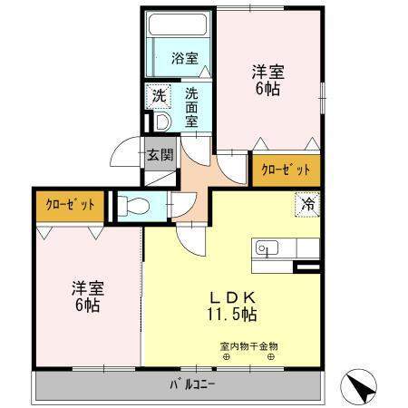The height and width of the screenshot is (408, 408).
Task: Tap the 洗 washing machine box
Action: pyautogui.click(x=159, y=94)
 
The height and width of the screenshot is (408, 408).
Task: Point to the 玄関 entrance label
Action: pyautogui.click(x=159, y=153)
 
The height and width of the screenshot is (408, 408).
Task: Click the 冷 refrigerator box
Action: pyautogui.click(x=306, y=205)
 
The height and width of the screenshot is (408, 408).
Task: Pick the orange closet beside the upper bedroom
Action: pyautogui.click(x=286, y=170)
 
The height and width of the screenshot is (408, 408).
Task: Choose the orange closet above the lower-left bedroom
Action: pyautogui.click(x=71, y=205)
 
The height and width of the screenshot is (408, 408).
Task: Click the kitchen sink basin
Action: pyautogui.click(x=267, y=247)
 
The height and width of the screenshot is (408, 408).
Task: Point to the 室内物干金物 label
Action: pyautogui.click(x=248, y=345)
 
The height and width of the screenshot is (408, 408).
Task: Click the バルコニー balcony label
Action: pyautogui.click(x=192, y=384)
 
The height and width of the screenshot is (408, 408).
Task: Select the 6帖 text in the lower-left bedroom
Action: pyautogui.click(x=88, y=306)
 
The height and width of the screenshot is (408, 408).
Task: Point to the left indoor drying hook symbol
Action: pyautogui.click(x=227, y=357)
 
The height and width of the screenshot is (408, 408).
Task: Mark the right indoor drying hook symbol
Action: pyautogui.click(x=270, y=357)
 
